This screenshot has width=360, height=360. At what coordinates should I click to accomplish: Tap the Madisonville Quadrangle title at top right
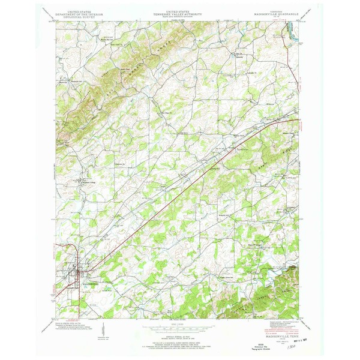[274, 13]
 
